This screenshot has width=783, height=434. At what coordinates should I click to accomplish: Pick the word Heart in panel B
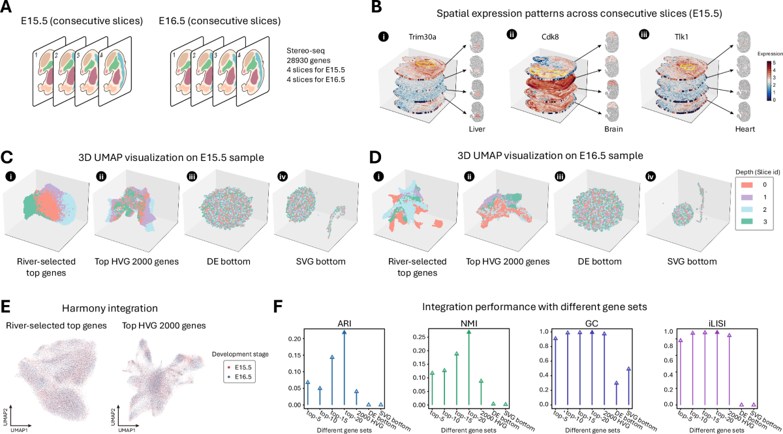[x=744, y=129]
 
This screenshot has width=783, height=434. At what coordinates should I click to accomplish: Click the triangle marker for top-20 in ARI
[x=344, y=332]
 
